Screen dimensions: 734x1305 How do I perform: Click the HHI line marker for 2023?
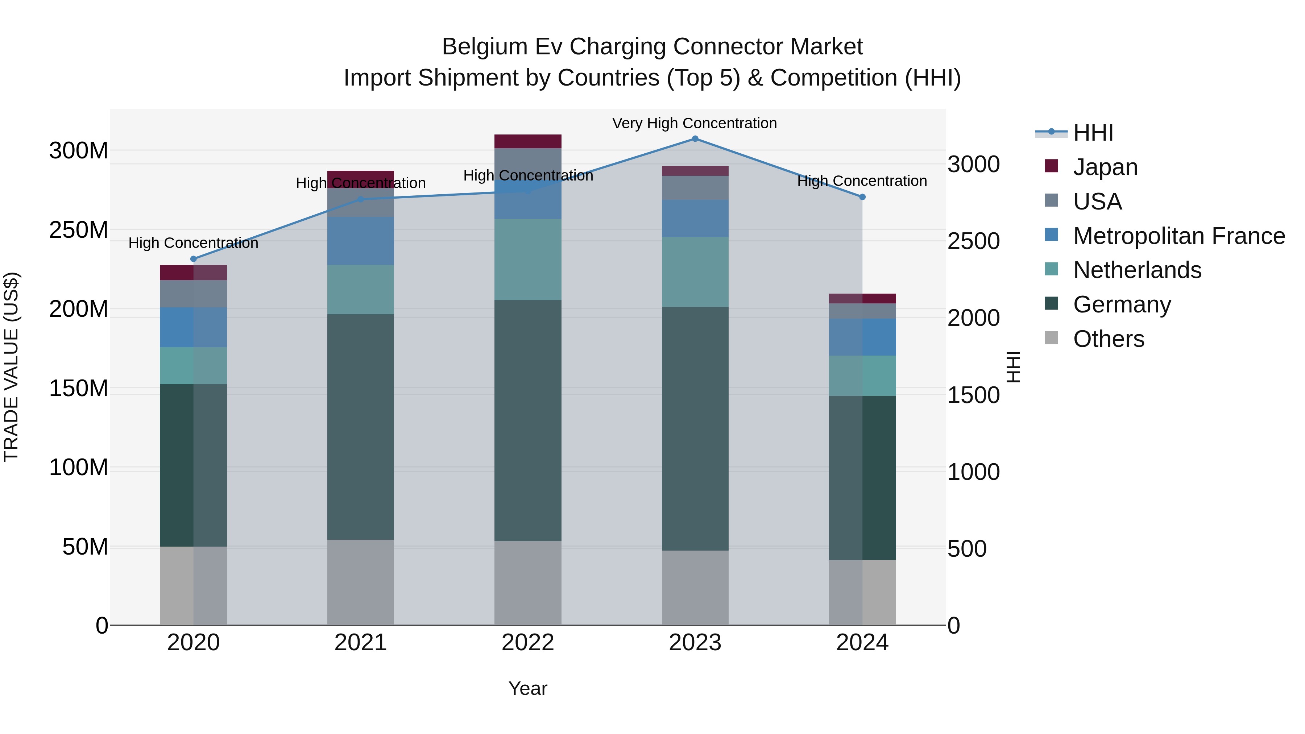click(x=695, y=139)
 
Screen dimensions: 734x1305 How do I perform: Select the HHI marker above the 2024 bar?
click(x=862, y=197)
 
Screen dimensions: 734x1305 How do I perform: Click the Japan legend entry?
click(x=1105, y=167)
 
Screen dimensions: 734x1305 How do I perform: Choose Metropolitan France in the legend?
click(x=1178, y=236)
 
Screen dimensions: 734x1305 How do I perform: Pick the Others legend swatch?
click(x=1052, y=339)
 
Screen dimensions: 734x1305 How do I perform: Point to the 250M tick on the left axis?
click(x=79, y=230)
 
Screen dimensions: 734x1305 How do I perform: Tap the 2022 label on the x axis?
click(x=527, y=643)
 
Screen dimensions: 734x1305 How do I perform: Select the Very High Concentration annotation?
click(x=694, y=123)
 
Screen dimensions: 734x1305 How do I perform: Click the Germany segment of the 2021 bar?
click(x=360, y=427)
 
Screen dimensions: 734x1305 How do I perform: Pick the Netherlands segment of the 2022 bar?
click(x=527, y=260)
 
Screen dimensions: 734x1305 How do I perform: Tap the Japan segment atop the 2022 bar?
click(x=527, y=141)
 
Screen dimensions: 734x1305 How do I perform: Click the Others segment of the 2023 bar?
click(x=695, y=588)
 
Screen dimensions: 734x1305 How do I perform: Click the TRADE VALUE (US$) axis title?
click(x=11, y=367)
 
